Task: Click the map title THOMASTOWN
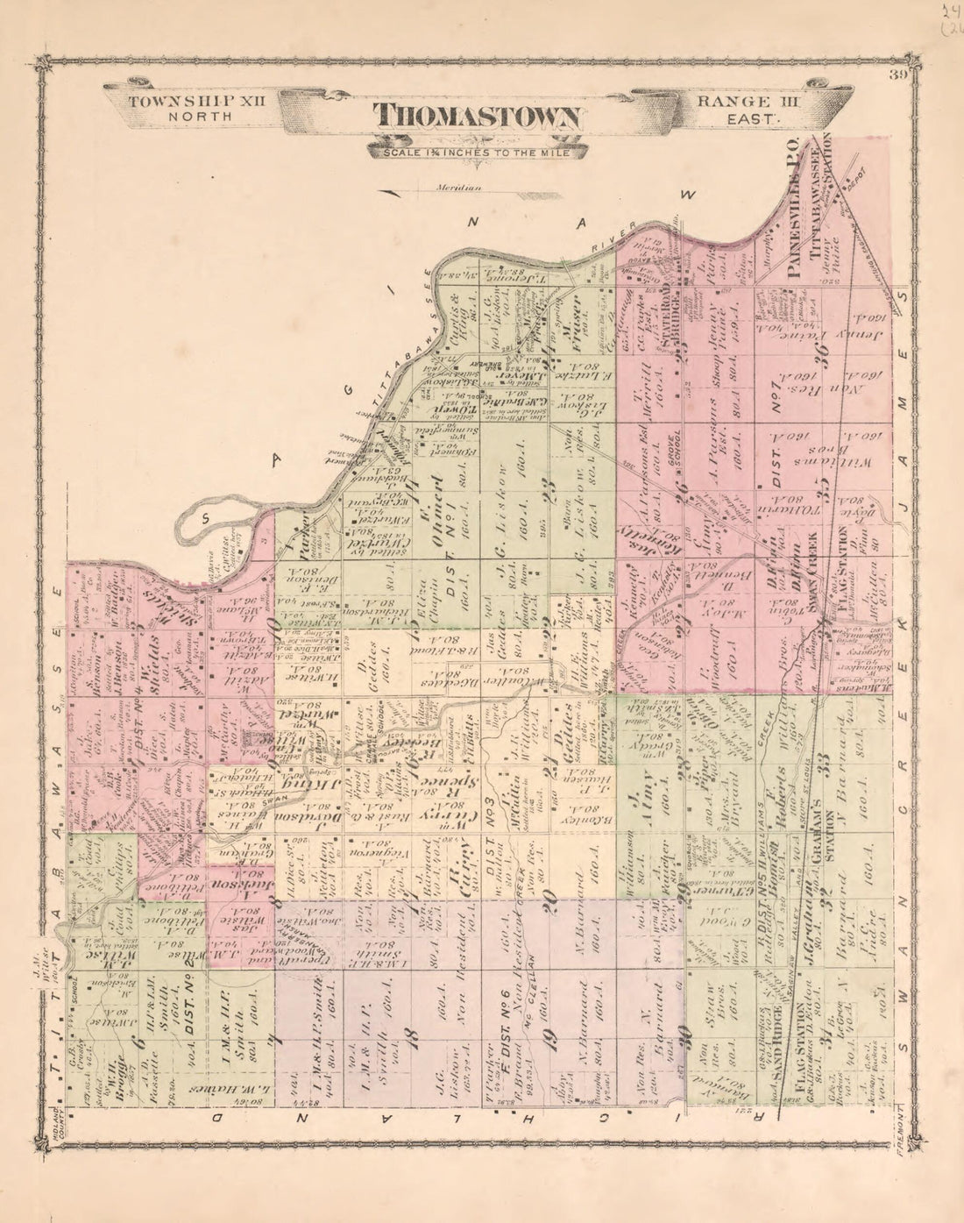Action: click(478, 117)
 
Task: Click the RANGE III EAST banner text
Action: click(737, 109)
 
